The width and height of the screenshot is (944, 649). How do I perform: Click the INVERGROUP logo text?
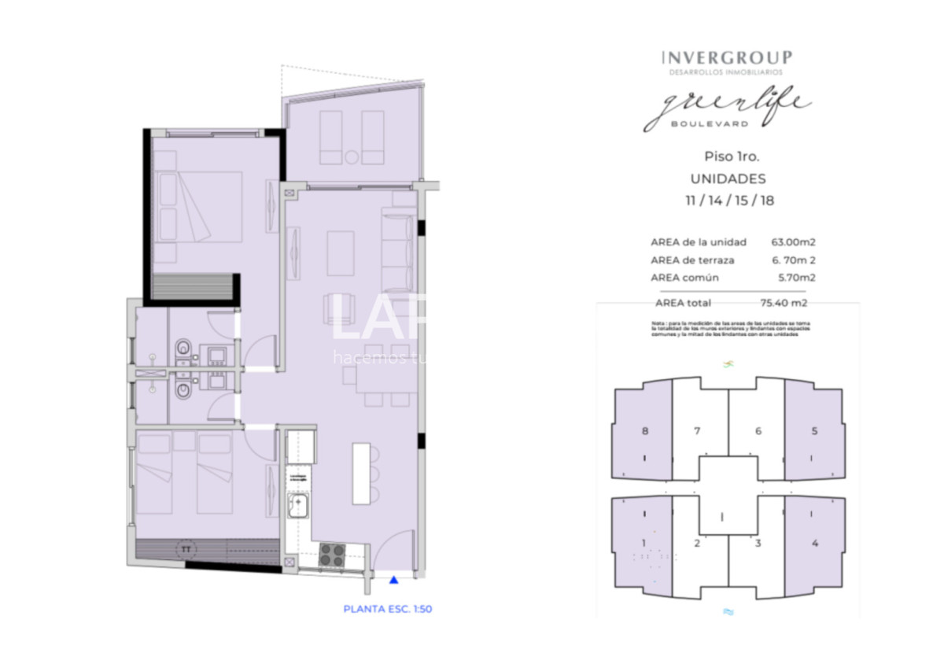click(x=727, y=57)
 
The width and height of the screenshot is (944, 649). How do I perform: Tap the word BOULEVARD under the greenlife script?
click(x=698, y=123)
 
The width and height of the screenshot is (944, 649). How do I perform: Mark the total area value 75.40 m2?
click(x=784, y=302)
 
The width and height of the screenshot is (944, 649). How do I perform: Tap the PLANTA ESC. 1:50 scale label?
click(x=388, y=608)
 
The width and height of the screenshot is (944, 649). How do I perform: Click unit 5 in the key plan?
click(x=814, y=431)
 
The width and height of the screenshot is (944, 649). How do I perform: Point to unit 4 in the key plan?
click(x=814, y=543)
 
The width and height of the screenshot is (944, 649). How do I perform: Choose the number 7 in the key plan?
click(x=697, y=431)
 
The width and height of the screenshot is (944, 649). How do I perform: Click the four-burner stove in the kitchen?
click(x=331, y=554)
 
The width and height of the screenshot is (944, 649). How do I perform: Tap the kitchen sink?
click(x=298, y=504)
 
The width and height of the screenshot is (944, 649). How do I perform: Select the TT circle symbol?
click(x=186, y=548)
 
